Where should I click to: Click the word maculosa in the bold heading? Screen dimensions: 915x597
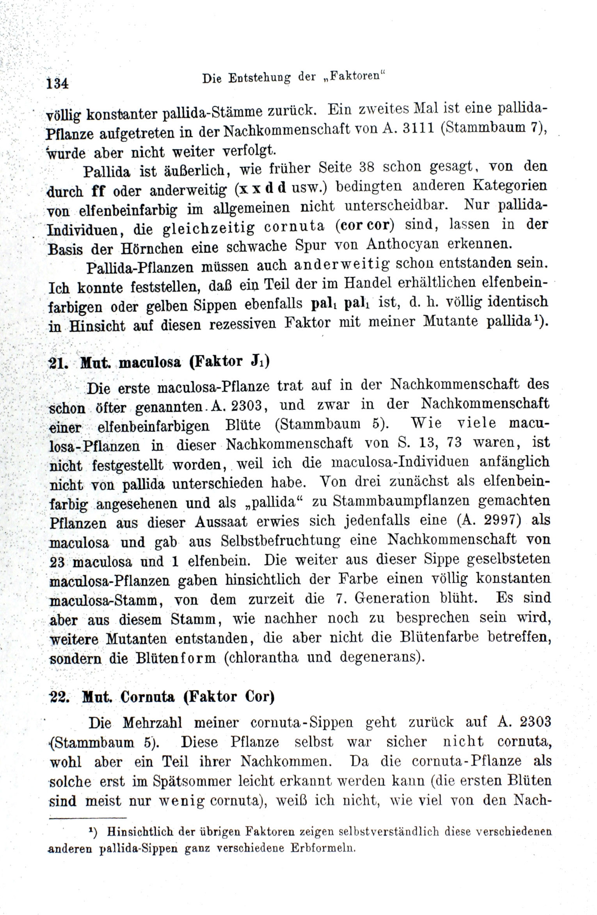(x=150, y=363)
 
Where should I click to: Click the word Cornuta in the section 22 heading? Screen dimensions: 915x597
(x=147, y=697)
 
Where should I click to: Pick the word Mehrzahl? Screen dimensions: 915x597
(x=153, y=723)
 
